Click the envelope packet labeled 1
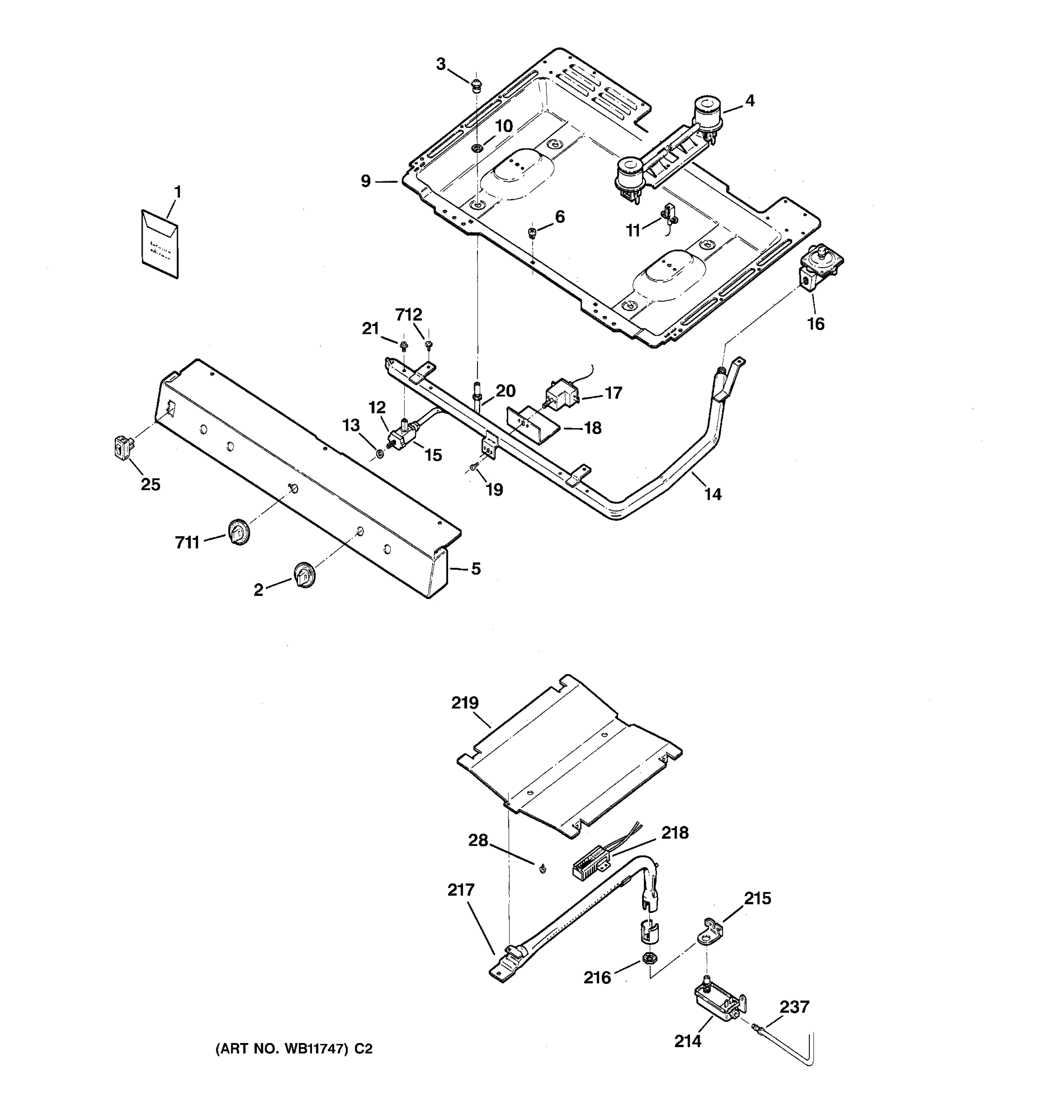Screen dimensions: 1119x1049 tap(160, 244)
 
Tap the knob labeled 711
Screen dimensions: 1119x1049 tap(239, 532)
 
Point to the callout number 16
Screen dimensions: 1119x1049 tap(815, 324)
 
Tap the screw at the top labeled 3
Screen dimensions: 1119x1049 tap(476, 86)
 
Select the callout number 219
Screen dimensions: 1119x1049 tap(465, 703)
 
